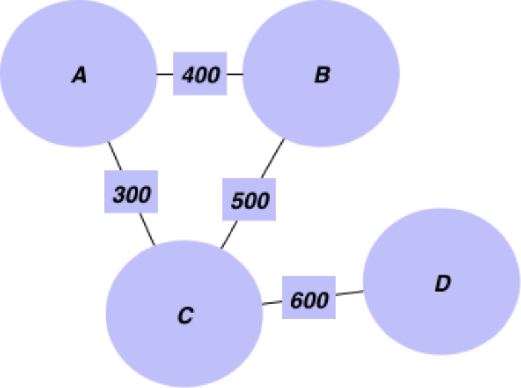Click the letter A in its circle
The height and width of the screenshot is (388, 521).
(79, 75)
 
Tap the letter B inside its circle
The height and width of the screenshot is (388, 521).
(322, 75)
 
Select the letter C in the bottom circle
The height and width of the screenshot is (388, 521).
(185, 316)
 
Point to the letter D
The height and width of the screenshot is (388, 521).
(443, 284)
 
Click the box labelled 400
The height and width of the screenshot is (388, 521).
(200, 73)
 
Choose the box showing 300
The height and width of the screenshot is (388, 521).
(131, 191)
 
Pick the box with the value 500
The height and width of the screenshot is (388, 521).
(249, 199)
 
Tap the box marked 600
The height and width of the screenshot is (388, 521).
(309, 298)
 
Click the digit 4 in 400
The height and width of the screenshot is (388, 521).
(188, 76)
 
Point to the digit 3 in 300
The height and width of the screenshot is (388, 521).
(119, 195)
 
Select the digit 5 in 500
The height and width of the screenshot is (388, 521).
(237, 201)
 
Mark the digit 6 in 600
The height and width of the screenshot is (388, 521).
(297, 301)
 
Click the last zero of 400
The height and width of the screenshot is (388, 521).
(213, 76)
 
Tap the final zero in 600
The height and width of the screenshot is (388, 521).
(322, 301)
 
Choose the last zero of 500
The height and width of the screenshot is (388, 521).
(262, 201)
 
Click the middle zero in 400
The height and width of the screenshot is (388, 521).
(201, 76)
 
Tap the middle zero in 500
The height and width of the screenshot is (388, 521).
(251, 201)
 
